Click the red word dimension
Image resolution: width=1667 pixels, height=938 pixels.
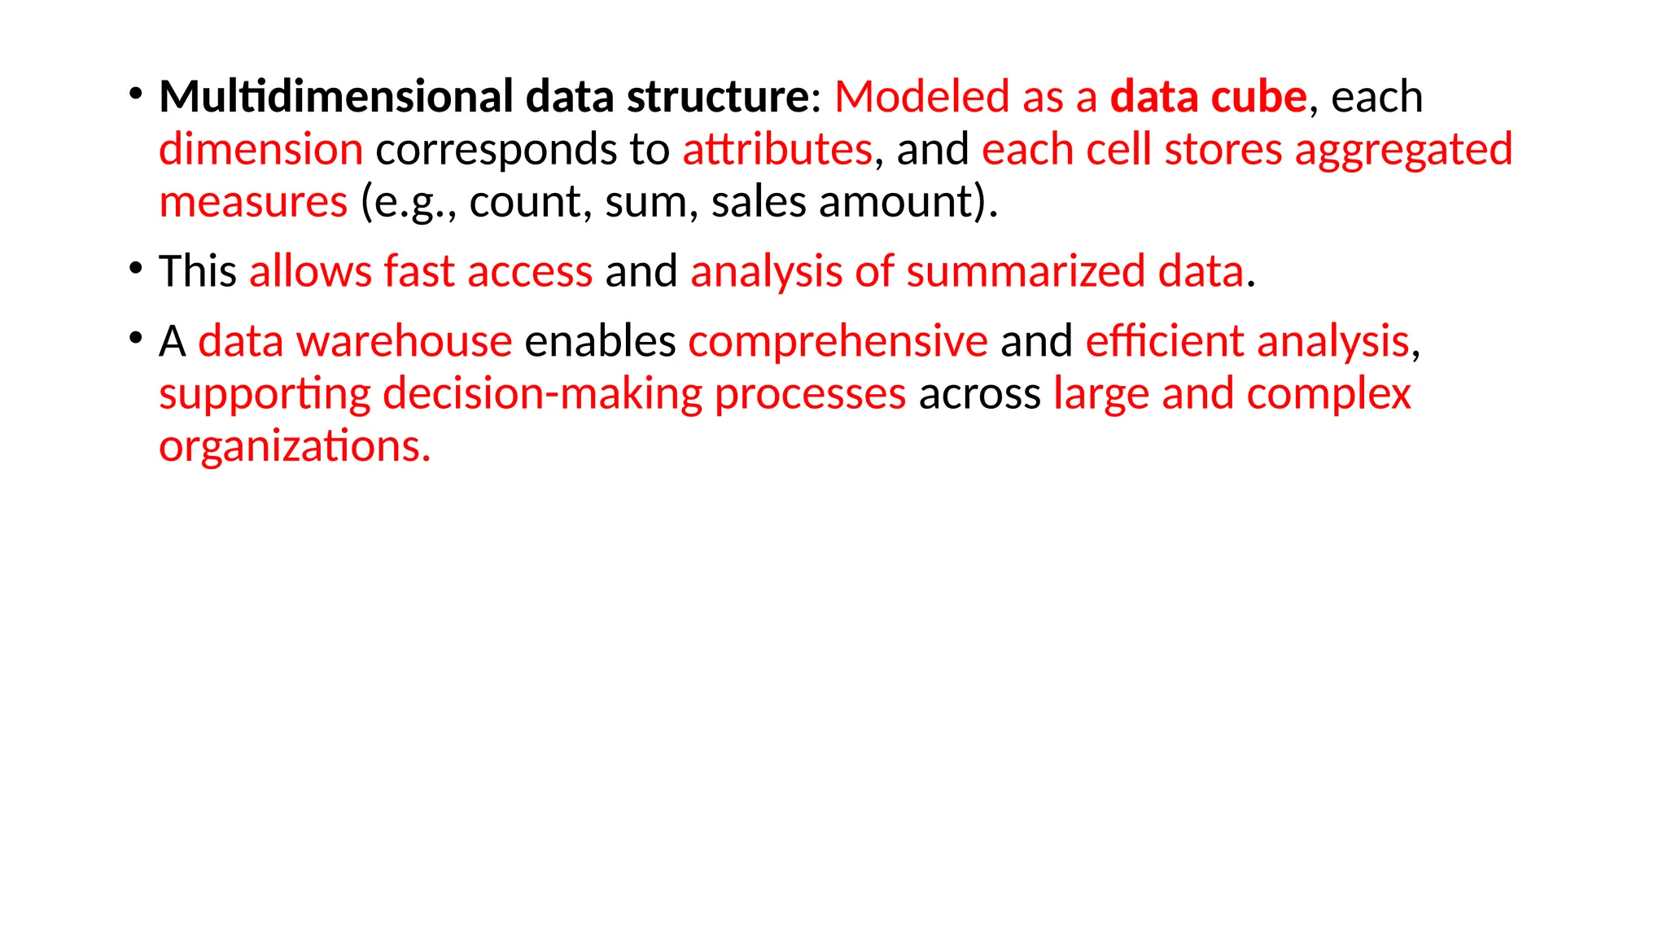(x=260, y=150)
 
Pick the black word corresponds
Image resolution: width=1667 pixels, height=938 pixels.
(x=496, y=150)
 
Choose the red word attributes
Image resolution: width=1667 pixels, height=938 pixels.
(x=777, y=150)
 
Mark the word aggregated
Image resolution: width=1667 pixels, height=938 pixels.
(x=1403, y=151)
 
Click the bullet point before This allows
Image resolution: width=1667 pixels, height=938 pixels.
(x=135, y=268)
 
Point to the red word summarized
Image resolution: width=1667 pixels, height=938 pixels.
(x=1026, y=271)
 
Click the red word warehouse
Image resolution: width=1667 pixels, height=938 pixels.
(x=404, y=341)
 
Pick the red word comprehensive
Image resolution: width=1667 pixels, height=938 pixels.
(x=838, y=341)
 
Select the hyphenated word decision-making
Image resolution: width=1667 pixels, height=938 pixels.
(x=542, y=395)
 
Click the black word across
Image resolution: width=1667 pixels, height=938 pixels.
(x=979, y=395)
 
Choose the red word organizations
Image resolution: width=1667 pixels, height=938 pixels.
(x=294, y=447)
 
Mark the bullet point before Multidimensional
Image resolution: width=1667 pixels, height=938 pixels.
(x=135, y=94)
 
